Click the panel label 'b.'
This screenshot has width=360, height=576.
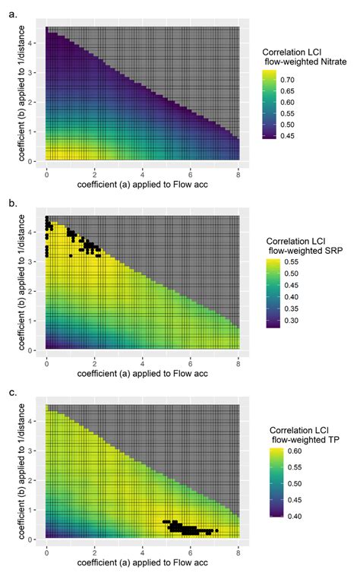(x=9, y=204)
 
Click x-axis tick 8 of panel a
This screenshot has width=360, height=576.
(x=238, y=174)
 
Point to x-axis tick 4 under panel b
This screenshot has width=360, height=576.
(x=143, y=363)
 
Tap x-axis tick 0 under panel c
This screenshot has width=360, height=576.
(x=46, y=551)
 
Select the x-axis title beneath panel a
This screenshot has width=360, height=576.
(x=143, y=185)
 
